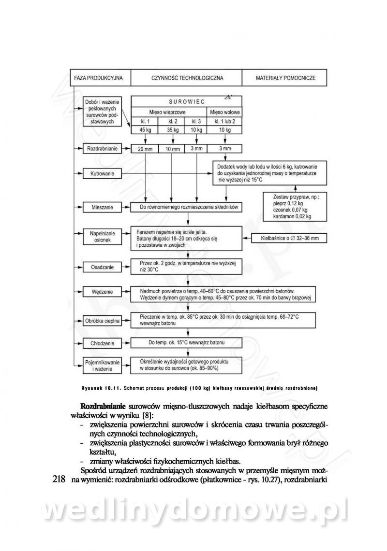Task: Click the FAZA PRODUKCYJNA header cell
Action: point(99,77)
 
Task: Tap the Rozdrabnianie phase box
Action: point(102,149)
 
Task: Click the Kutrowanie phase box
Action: point(102,172)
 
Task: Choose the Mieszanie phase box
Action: point(102,208)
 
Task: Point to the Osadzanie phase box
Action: point(102,266)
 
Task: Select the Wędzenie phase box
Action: point(102,292)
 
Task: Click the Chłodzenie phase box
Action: point(102,343)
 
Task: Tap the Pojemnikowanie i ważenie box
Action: point(102,365)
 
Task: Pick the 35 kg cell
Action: point(173,130)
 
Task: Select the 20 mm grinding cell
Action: point(145,149)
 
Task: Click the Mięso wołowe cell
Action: point(225,112)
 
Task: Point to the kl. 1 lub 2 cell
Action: point(225,121)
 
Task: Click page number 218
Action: point(59,480)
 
